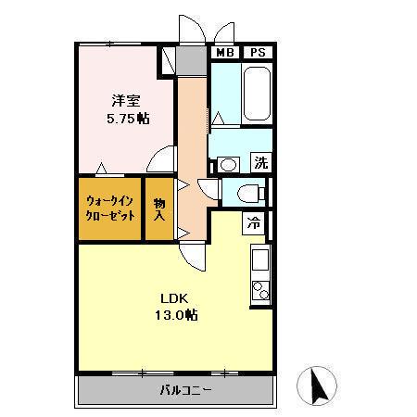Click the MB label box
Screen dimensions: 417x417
click(224, 53)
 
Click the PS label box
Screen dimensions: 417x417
click(256, 53)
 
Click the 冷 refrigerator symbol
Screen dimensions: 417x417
click(254, 223)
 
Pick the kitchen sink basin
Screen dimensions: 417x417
click(260, 258)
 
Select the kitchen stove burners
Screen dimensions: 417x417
click(260, 290)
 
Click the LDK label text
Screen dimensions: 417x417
click(174, 298)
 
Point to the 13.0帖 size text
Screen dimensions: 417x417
click(175, 315)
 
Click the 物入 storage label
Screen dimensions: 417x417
click(159, 208)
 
